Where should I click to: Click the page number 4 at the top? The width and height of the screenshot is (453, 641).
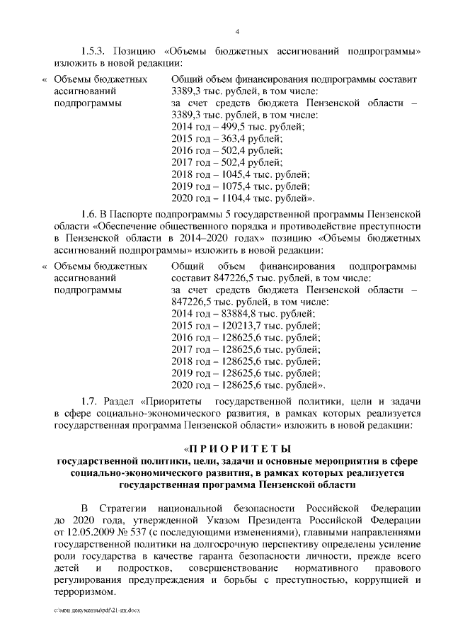pos(237,30)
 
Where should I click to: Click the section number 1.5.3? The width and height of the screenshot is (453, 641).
pos(93,52)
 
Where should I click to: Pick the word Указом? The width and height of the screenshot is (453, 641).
pos(222,521)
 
